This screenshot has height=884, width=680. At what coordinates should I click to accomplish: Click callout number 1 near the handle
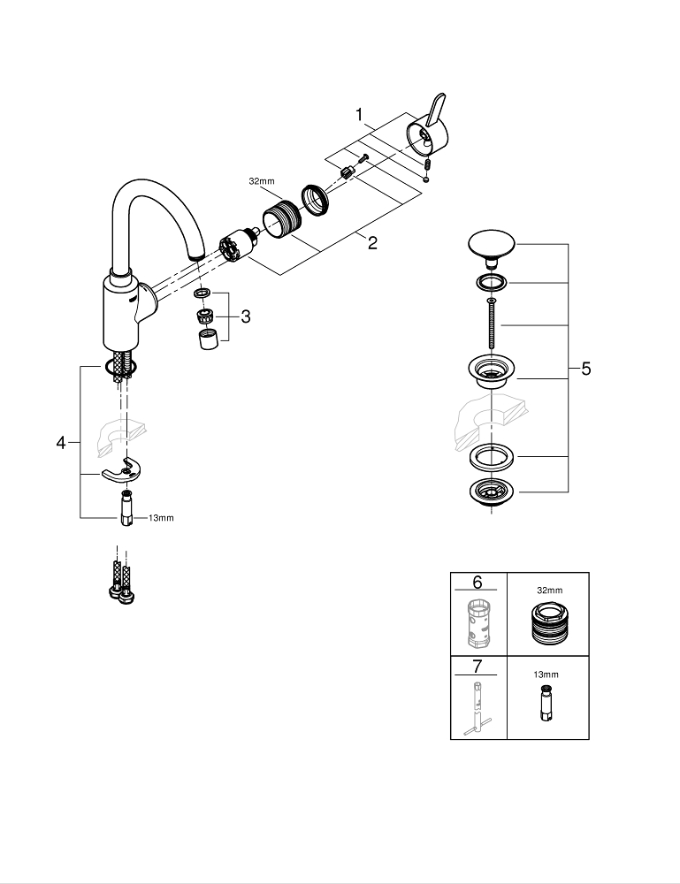click(x=360, y=115)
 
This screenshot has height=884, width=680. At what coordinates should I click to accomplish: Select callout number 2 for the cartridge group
click(x=372, y=243)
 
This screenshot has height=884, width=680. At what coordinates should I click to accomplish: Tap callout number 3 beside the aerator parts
click(x=245, y=315)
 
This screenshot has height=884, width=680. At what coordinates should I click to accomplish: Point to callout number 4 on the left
click(x=61, y=442)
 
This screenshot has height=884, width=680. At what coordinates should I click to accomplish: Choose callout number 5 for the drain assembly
click(x=585, y=370)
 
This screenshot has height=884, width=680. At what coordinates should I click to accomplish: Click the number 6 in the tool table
click(x=478, y=582)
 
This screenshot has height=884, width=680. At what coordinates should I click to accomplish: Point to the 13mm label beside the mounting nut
click(x=161, y=518)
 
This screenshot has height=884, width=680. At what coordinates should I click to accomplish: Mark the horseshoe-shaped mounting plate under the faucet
click(x=120, y=472)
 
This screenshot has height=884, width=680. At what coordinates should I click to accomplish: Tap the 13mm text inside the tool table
click(x=547, y=674)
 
